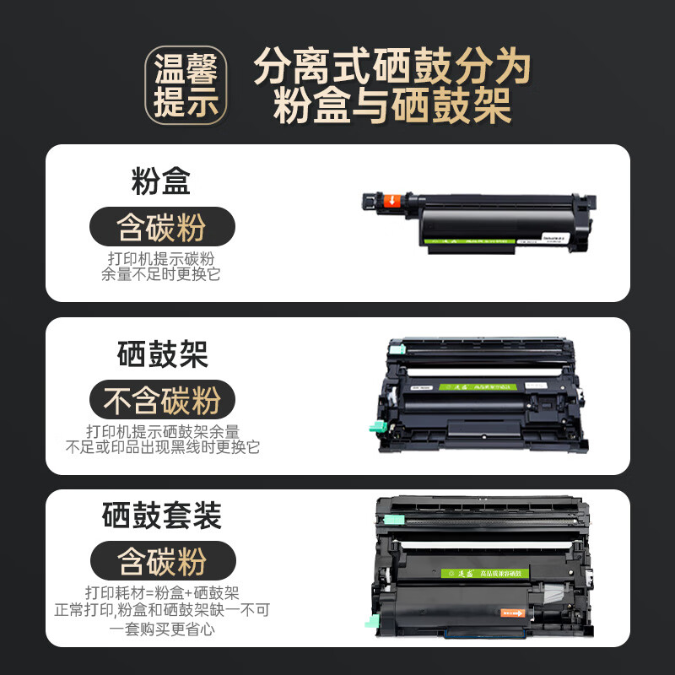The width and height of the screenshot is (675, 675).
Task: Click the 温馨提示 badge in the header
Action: tap(186, 86)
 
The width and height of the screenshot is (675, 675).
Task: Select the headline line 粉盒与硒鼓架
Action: tap(392, 108)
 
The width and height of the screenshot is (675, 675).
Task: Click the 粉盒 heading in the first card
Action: tap(161, 181)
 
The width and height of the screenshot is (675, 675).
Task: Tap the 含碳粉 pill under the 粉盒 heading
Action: tap(161, 227)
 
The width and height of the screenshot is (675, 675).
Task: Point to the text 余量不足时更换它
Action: tap(161, 274)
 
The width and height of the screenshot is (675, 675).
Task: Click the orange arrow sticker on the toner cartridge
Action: tap(392, 202)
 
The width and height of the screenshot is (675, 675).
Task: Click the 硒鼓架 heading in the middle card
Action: tap(162, 355)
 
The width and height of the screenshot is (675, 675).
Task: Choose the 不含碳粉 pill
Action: tap(162, 401)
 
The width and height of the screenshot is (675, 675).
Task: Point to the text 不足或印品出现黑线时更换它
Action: tap(162, 448)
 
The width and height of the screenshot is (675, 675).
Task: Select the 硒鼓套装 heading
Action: tap(162, 516)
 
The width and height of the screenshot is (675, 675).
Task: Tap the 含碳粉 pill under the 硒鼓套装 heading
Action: tap(162, 561)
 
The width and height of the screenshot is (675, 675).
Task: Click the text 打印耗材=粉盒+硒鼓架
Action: tap(162, 591)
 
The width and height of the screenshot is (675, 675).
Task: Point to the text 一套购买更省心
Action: tap(162, 629)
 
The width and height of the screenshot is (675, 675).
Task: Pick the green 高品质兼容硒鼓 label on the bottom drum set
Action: tap(494, 573)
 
